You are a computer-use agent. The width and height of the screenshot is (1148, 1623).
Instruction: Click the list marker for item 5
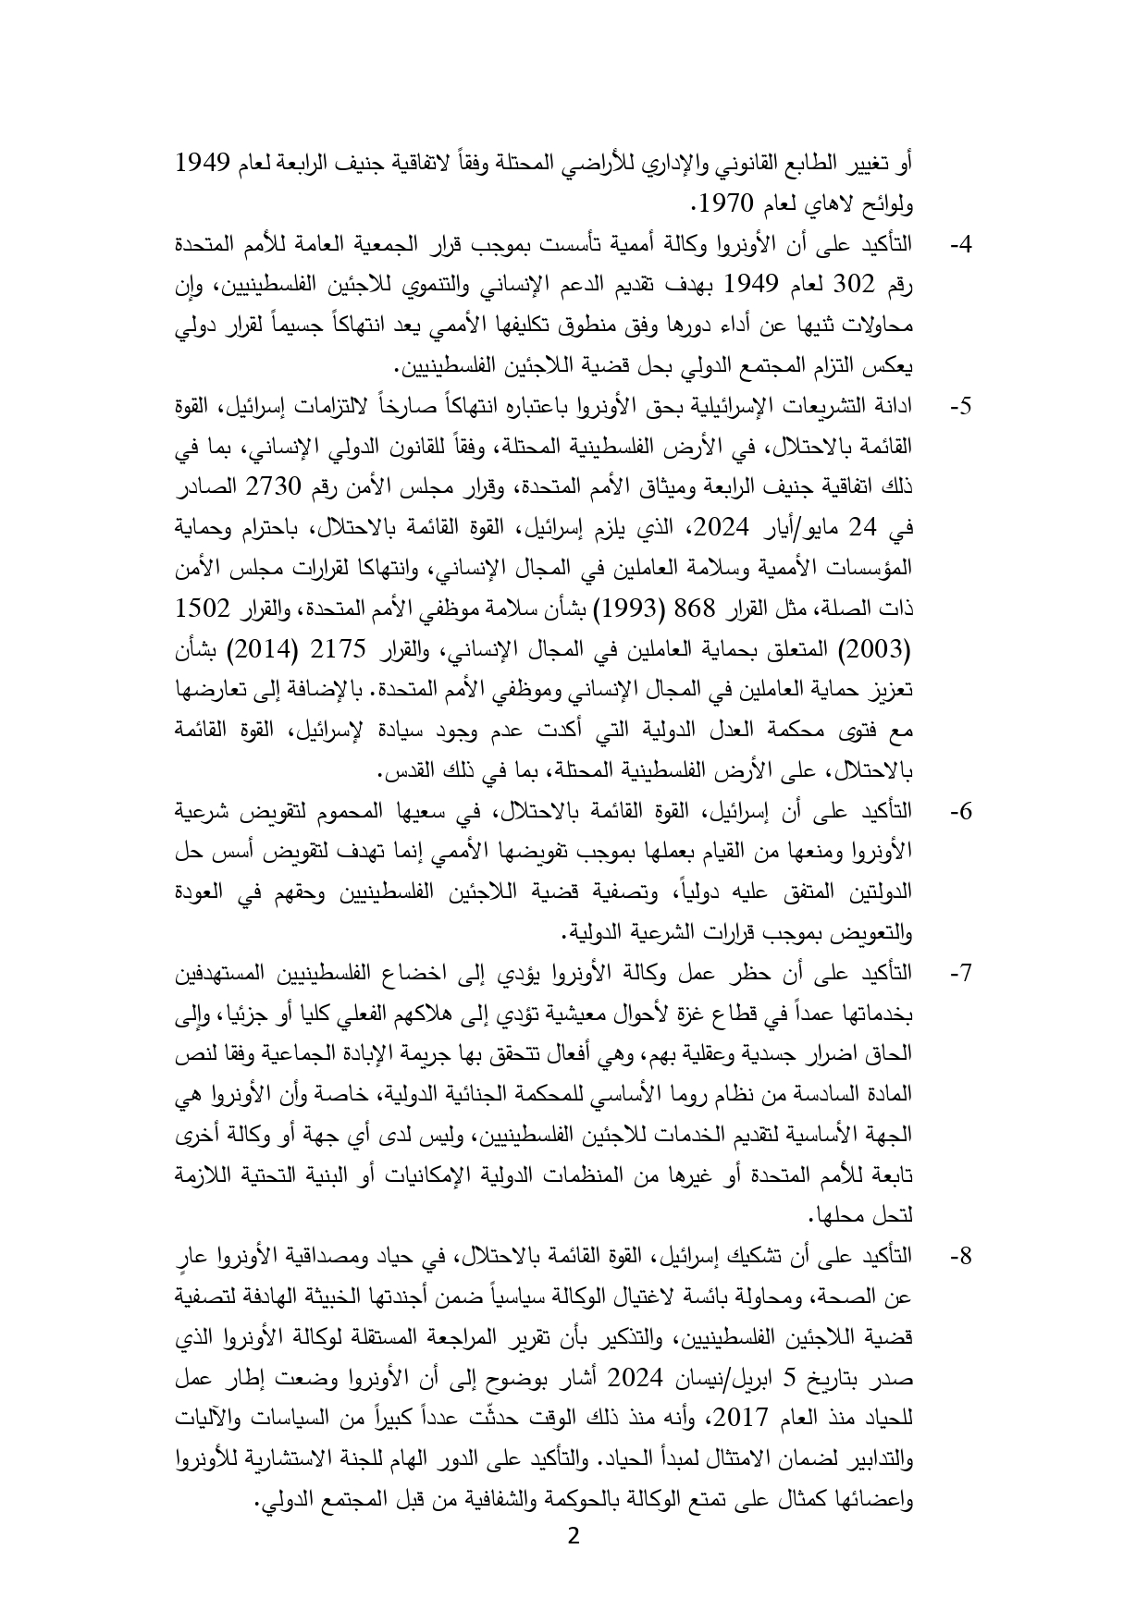click(x=962, y=406)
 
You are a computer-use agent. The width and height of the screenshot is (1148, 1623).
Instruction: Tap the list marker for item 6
click(x=962, y=812)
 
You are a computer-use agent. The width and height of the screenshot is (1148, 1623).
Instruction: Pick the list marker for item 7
click(x=962, y=974)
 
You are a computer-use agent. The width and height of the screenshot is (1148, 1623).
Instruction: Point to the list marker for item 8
click(x=962, y=1258)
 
